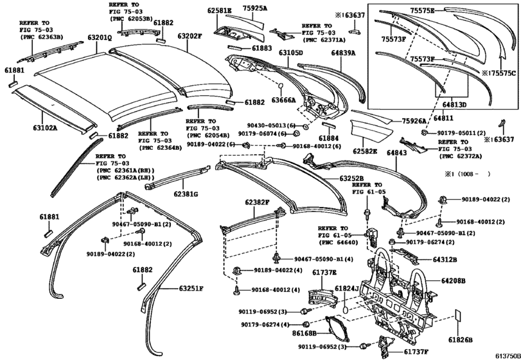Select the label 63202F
(x=190, y=37)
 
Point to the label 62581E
(x=220, y=11)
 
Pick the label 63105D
(x=290, y=52)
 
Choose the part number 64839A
(x=344, y=52)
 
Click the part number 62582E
(x=365, y=150)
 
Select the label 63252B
(x=351, y=178)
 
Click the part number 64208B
(x=453, y=281)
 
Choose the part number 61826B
(x=460, y=339)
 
